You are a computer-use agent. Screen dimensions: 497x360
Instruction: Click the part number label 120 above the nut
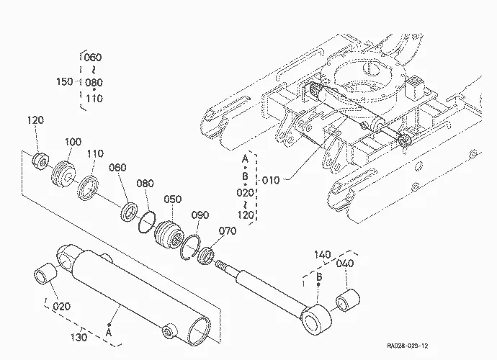tap(35, 120)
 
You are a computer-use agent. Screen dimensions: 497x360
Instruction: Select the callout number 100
tap(73, 142)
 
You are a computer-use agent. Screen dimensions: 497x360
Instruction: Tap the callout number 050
tap(173, 199)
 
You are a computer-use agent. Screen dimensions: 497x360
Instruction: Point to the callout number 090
tap(200, 215)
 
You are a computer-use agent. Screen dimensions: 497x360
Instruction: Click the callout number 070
tap(228, 231)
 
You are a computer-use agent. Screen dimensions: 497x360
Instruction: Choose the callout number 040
tap(345, 264)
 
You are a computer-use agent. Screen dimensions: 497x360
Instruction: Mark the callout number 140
tap(323, 254)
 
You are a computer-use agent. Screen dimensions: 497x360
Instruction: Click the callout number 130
tap(79, 337)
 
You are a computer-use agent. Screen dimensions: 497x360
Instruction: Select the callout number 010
tap(271, 181)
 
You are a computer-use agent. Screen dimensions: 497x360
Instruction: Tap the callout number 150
tap(65, 82)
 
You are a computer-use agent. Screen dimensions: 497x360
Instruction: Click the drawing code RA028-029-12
tap(407, 346)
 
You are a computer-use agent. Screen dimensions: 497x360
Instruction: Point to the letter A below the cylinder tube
tap(109, 333)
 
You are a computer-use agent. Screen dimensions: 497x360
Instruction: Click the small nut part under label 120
tap(40, 160)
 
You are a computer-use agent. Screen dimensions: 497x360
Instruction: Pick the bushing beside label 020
tap(45, 274)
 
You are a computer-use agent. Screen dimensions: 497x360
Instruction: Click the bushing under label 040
tap(348, 300)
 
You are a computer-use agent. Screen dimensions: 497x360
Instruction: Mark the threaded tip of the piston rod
tap(221, 264)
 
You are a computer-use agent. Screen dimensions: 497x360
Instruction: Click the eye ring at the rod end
tap(316, 320)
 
